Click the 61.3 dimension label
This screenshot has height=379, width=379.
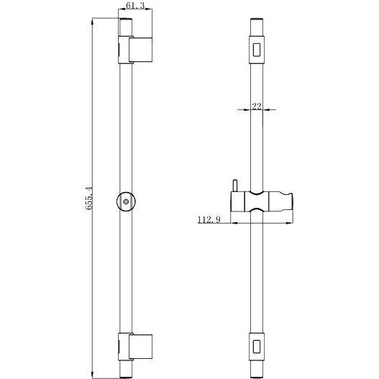[x=135, y=5]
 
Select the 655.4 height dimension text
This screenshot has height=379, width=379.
[x=88, y=198]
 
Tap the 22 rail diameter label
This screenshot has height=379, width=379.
[x=257, y=106]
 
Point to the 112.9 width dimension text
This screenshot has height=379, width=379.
[x=209, y=220]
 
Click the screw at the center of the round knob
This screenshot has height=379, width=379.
[x=126, y=201]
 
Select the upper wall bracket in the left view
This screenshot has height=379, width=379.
[x=135, y=50]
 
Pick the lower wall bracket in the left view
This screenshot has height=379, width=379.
[x=135, y=347]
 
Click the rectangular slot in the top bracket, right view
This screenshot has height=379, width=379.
[x=257, y=50]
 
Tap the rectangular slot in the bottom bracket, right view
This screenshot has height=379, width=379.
[x=257, y=347]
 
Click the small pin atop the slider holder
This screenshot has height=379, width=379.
[x=234, y=186]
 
